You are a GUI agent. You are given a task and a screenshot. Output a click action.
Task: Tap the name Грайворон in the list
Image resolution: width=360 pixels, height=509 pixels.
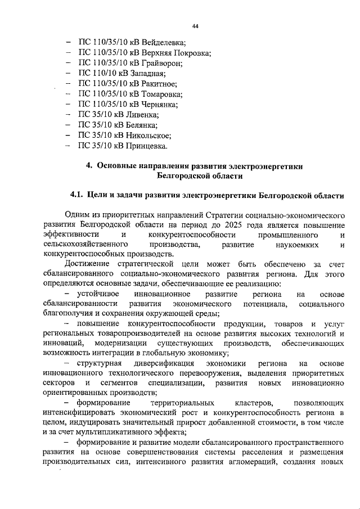160,64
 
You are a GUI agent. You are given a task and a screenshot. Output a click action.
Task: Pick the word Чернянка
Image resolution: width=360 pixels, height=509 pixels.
159,105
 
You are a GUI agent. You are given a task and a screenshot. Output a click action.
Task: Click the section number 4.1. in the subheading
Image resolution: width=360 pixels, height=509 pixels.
77,196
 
